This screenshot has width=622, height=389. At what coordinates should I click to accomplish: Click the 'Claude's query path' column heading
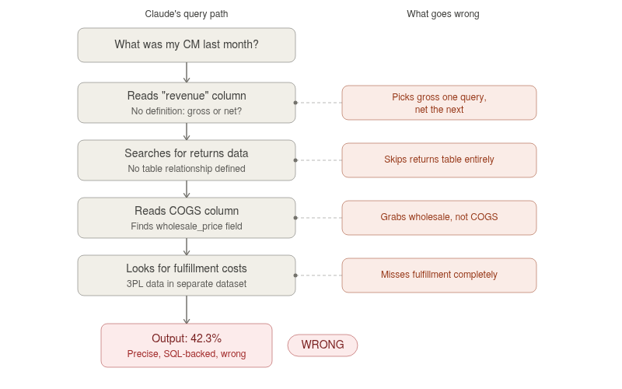187,14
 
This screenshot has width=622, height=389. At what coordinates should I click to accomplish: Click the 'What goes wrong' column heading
443,14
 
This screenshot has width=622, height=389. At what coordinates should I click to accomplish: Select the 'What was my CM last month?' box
187,45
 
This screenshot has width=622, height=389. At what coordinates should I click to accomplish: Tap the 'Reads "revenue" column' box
187,103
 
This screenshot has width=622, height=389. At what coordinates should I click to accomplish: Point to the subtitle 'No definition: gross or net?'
187,111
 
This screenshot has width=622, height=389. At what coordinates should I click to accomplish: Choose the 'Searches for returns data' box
187,160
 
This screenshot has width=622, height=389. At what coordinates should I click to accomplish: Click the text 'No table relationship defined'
187,169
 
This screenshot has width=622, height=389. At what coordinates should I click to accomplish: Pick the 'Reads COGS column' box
187,218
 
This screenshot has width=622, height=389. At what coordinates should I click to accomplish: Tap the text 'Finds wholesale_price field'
187,226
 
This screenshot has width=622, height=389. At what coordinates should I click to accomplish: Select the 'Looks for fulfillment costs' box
187,275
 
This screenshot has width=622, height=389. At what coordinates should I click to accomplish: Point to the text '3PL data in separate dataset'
187,284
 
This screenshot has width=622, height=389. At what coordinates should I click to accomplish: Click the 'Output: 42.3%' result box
187,345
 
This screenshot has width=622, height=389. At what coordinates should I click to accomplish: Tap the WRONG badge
323,345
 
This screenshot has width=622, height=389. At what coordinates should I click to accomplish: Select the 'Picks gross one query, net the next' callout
439,103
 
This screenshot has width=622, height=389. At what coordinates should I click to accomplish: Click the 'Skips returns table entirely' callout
439,160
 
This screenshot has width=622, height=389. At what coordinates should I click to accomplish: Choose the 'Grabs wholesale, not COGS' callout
439,218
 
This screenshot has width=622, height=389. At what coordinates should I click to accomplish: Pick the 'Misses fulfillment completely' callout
439,275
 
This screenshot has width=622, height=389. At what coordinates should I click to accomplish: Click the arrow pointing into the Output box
187,310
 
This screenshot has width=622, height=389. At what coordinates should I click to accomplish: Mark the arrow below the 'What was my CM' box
187,72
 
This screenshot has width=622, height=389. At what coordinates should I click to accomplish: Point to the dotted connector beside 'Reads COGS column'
319,218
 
